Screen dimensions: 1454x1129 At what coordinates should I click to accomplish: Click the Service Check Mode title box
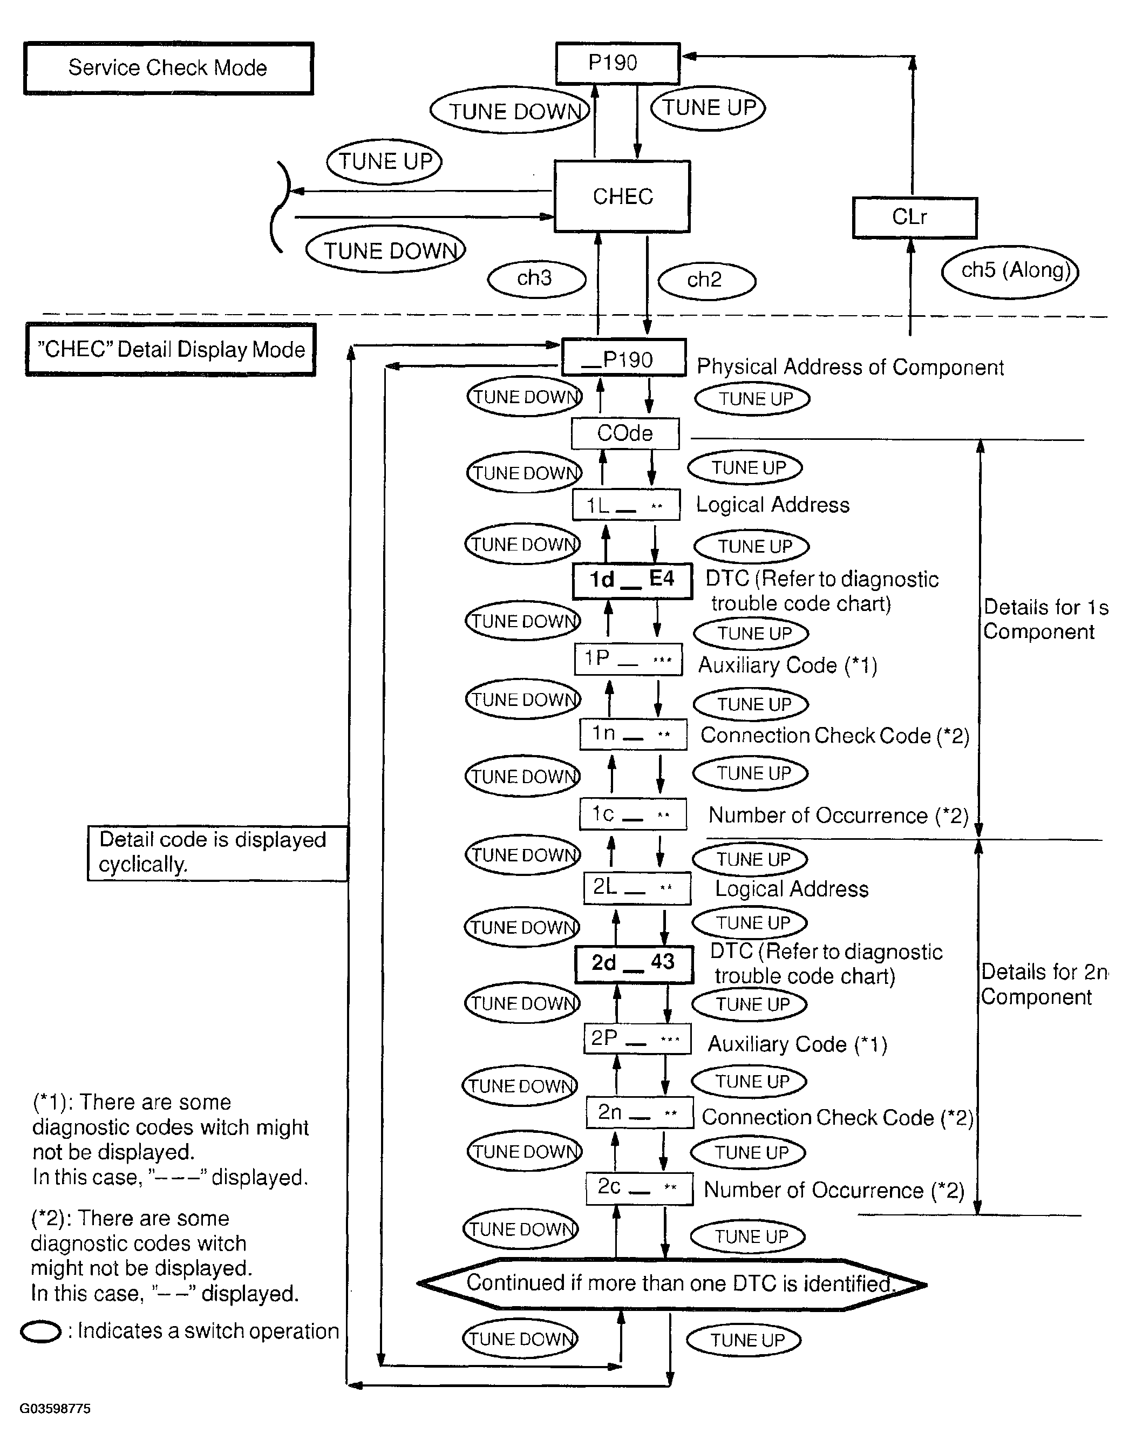click(168, 69)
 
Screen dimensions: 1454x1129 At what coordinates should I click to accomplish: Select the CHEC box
click(622, 196)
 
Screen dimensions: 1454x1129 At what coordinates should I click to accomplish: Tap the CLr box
click(914, 218)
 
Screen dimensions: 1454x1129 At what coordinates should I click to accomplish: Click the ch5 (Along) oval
click(1010, 271)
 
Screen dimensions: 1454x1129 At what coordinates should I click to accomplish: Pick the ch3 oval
click(536, 279)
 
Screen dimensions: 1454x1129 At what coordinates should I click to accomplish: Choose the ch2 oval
click(706, 280)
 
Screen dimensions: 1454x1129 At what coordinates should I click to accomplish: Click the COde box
click(625, 433)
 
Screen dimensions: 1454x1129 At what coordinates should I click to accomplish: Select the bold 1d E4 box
click(632, 581)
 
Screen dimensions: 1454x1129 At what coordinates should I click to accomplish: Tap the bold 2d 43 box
click(634, 963)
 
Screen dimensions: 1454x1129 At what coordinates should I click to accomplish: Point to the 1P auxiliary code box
click(628, 659)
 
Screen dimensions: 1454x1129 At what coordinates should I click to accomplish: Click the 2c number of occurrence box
click(639, 1188)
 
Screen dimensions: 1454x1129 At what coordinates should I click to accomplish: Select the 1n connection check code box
click(633, 735)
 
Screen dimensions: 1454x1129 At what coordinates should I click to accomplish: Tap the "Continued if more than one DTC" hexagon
click(672, 1284)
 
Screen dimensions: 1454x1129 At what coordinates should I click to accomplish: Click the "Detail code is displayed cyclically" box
click(217, 853)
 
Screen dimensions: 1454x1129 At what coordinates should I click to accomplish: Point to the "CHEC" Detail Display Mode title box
click(171, 350)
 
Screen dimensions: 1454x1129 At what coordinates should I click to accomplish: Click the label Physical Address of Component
click(850, 368)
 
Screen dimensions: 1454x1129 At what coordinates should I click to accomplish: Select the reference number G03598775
click(55, 1409)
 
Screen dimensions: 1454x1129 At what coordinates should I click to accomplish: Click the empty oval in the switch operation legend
click(40, 1331)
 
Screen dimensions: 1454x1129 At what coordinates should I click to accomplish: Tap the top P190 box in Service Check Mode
click(617, 63)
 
